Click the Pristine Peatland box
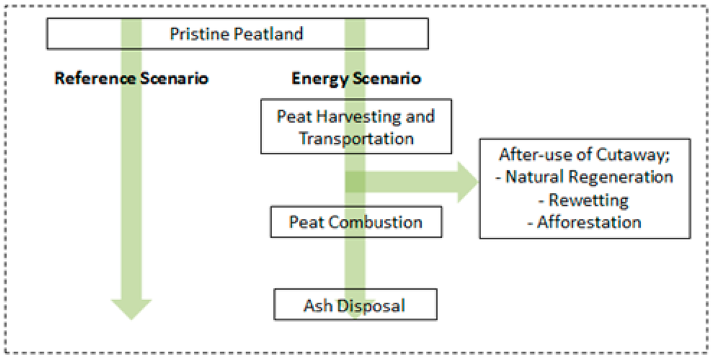(237, 33)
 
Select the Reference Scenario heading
(132, 77)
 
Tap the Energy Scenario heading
(356, 77)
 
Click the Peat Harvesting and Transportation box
(356, 126)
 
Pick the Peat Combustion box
(356, 223)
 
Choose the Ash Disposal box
(356, 305)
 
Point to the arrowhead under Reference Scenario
(132, 307)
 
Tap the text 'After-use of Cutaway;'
(584, 155)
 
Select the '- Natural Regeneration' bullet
(584, 177)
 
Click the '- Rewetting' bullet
(584, 200)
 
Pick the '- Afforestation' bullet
(584, 222)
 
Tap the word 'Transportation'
(356, 137)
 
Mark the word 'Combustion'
(375, 223)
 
